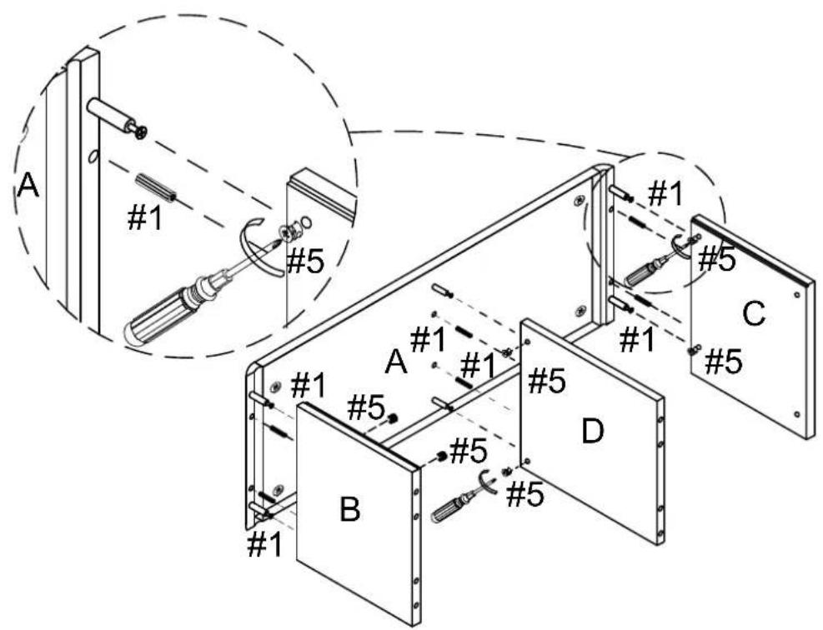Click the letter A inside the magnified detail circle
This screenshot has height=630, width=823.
pos(28,186)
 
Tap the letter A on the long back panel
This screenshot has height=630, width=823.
pos(396,362)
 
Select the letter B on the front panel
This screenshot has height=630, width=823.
pos(350,509)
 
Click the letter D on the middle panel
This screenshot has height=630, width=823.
pos(593,431)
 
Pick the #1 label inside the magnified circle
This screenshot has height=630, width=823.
pos(145,217)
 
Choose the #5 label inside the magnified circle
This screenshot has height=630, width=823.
pos(305,261)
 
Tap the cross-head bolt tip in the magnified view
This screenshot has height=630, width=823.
pos(139,132)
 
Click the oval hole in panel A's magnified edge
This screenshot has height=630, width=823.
pos(93,157)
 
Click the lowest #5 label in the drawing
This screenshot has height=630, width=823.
pos(524,495)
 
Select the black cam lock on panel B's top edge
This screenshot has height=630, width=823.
pos(393,418)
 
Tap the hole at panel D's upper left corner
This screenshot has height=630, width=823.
pos(526,342)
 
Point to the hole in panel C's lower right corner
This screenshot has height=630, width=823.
pos(797,414)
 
